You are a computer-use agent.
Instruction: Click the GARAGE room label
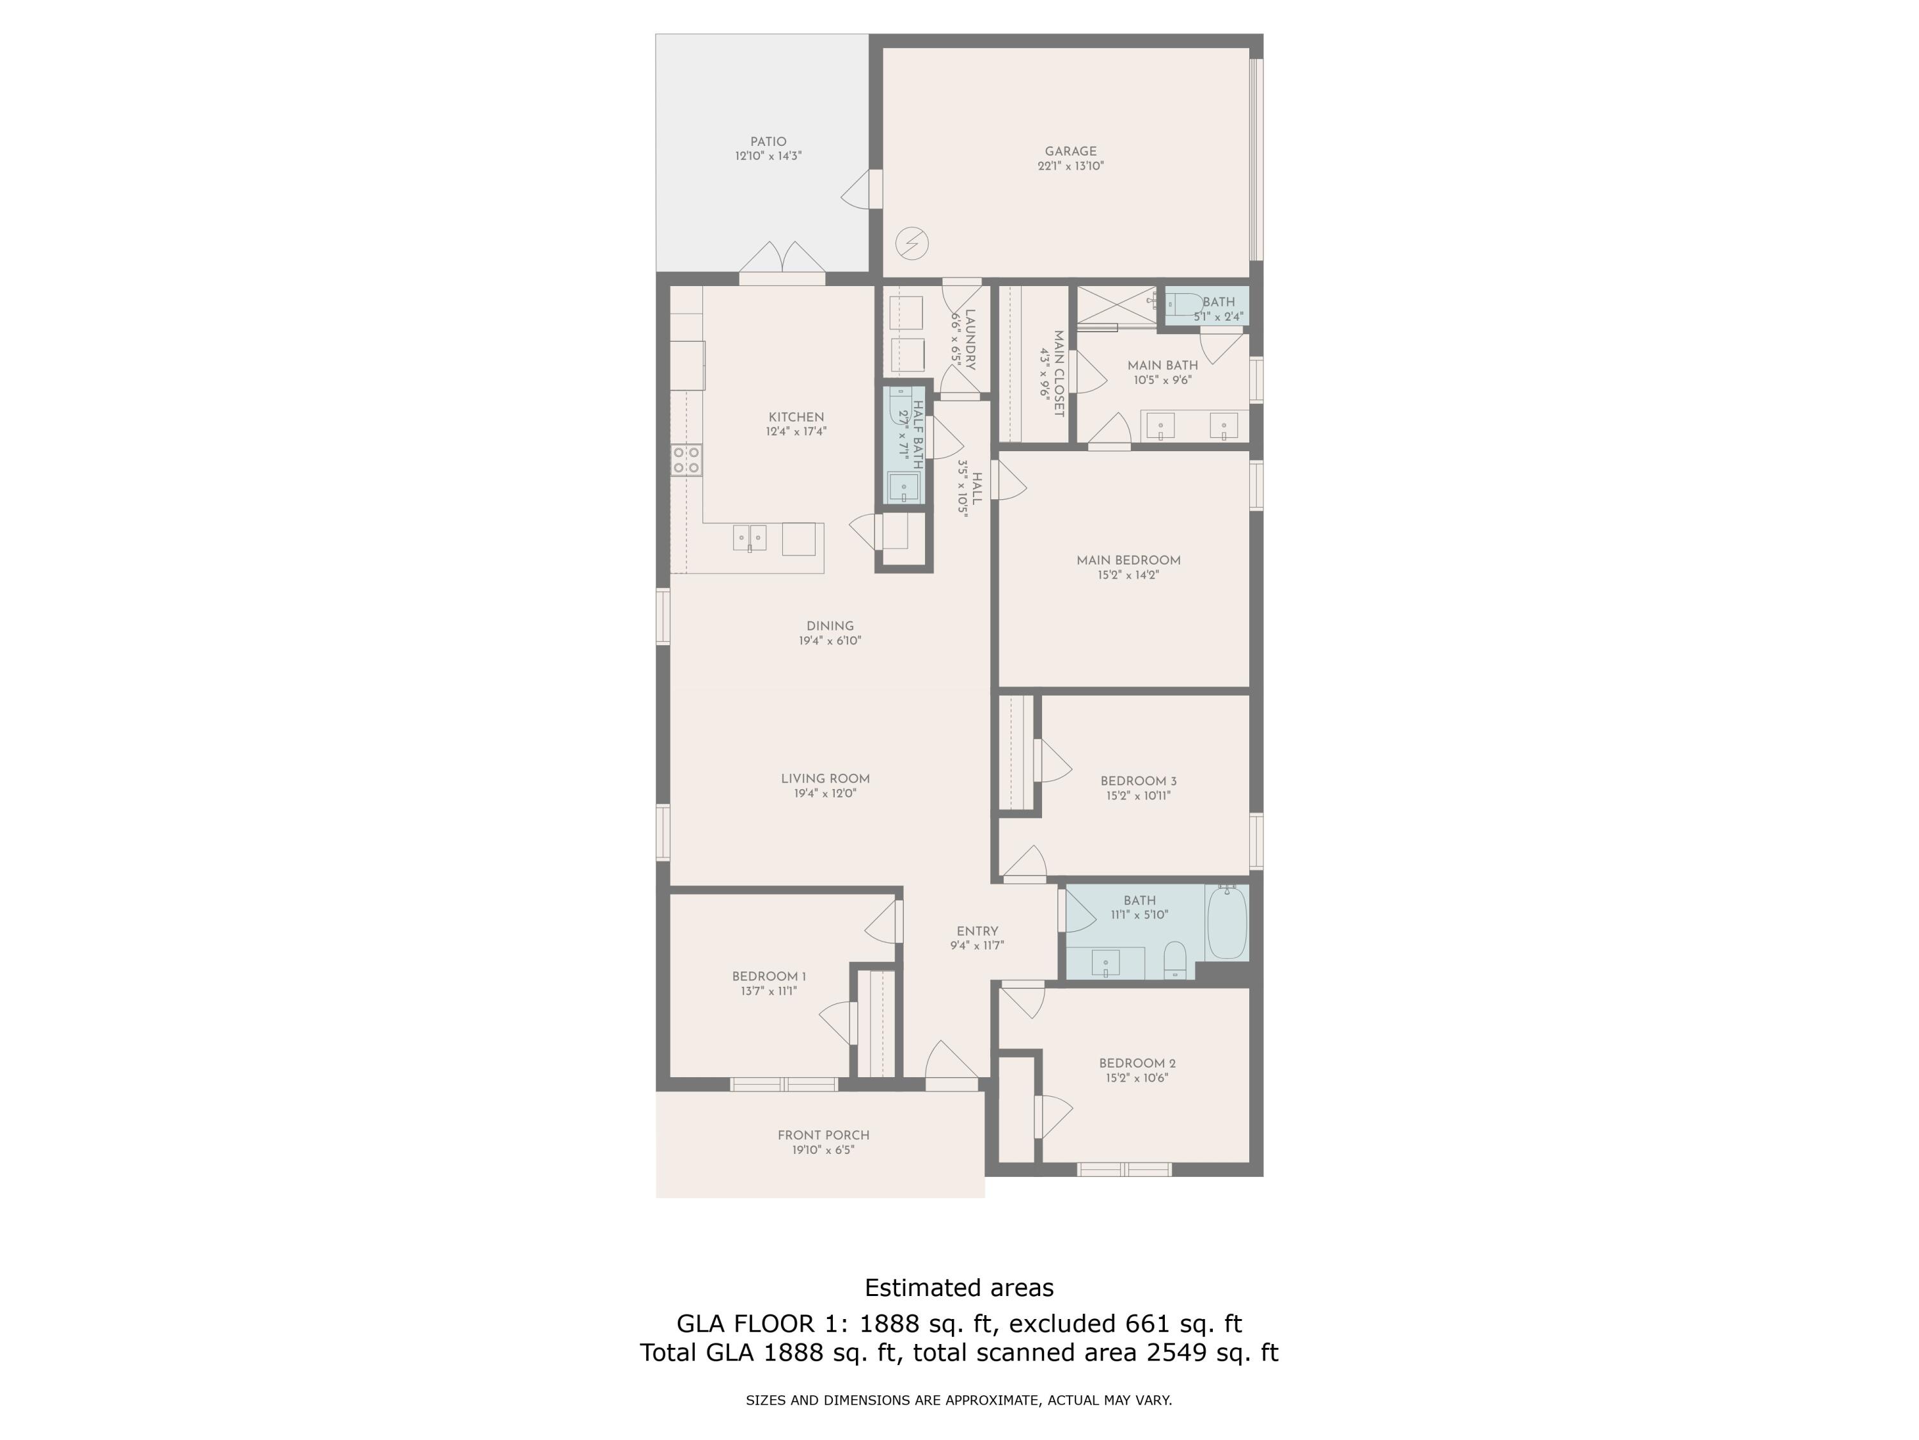[1071, 151]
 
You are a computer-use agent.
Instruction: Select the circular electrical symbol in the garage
[912, 243]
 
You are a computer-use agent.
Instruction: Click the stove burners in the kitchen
[686, 460]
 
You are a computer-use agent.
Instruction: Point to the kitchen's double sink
[750, 538]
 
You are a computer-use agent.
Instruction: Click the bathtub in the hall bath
[1227, 923]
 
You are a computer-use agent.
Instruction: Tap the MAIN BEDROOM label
[1128, 561]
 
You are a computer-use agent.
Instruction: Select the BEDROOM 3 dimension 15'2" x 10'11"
[1138, 795]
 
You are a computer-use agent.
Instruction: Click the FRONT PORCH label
[823, 1135]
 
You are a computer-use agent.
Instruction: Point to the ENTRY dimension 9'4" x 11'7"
[977, 946]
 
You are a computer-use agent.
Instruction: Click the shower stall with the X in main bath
[1116, 305]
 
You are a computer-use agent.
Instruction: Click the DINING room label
[830, 627]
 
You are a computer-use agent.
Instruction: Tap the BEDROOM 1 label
[769, 977]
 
